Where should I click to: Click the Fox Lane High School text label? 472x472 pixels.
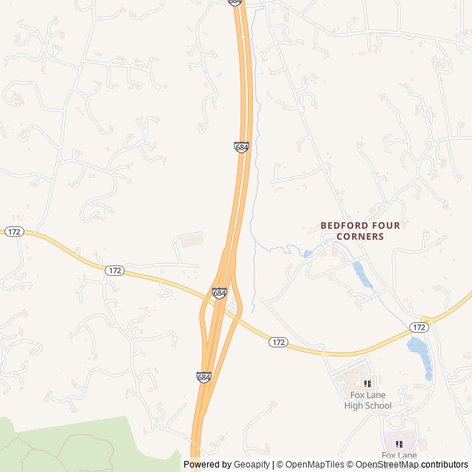(x=367, y=400)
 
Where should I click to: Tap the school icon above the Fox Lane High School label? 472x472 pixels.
(x=367, y=383)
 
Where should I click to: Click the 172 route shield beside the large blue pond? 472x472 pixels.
(x=420, y=327)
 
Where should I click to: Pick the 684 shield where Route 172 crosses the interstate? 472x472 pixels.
(x=219, y=293)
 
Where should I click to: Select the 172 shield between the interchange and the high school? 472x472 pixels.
(x=277, y=342)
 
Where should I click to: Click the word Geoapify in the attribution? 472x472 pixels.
(x=251, y=465)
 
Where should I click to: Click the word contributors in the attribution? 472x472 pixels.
(x=445, y=465)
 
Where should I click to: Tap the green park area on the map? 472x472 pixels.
(x=74, y=445)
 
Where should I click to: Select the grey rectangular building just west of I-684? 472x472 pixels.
(x=191, y=240)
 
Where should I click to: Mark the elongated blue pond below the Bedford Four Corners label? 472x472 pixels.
(x=361, y=274)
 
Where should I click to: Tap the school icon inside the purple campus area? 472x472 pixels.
(x=399, y=444)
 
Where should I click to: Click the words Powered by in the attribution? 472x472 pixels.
(x=206, y=465)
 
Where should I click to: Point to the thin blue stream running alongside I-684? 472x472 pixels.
(x=255, y=147)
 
